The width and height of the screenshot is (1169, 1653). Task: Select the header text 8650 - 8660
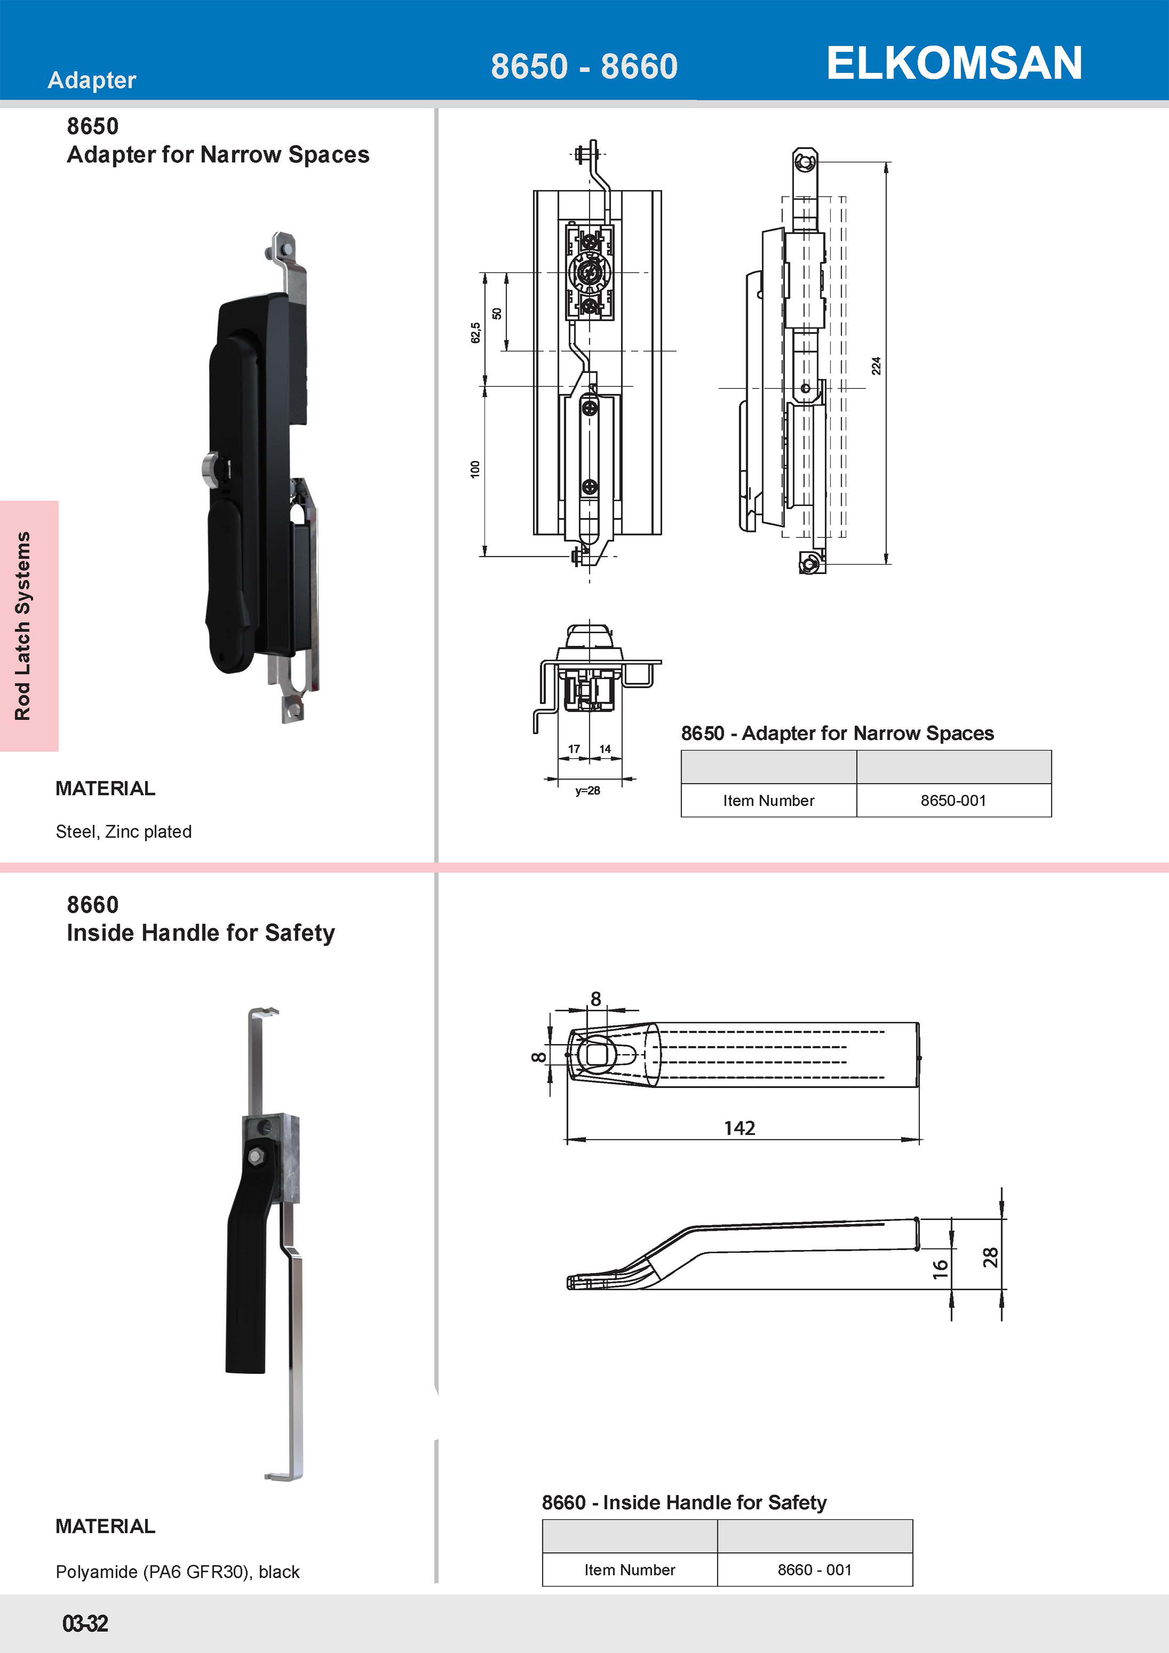click(584, 66)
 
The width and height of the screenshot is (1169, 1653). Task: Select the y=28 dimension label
click(587, 791)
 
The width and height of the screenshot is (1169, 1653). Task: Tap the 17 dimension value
click(574, 749)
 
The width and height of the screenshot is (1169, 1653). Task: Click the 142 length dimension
click(739, 1128)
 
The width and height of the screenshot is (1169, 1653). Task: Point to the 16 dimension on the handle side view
click(940, 1269)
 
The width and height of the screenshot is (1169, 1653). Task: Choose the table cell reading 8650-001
click(953, 801)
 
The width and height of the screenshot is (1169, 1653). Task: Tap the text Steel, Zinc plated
click(124, 832)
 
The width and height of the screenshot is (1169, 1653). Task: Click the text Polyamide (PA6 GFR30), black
click(177, 1572)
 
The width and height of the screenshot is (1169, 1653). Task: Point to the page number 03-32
click(85, 1624)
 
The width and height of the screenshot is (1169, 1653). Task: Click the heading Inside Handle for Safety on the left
click(201, 933)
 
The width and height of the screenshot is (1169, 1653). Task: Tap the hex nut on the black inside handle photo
click(255, 1157)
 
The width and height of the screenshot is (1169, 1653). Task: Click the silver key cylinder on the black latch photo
click(209, 468)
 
